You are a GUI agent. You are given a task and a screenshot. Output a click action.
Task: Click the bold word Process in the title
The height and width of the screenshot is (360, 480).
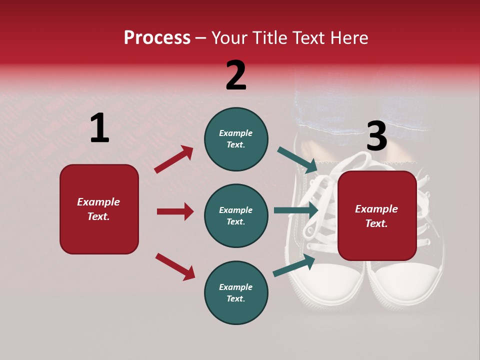(157, 38)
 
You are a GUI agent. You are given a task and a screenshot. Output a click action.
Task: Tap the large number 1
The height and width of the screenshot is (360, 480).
(99, 128)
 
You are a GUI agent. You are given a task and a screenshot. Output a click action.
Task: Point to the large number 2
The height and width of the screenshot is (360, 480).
(236, 75)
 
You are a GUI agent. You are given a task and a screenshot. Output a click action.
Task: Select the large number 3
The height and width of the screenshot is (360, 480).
(376, 136)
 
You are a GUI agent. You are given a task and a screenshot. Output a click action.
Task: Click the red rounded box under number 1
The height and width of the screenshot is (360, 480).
(99, 209)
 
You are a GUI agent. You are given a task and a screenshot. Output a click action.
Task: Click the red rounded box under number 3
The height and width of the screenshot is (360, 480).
(377, 215)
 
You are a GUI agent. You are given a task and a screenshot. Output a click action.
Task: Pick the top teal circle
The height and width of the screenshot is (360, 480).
(236, 139)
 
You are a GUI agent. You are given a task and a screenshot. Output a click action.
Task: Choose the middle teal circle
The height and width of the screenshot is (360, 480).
(236, 215)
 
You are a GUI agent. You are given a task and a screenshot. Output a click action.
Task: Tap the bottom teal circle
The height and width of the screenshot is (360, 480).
(236, 292)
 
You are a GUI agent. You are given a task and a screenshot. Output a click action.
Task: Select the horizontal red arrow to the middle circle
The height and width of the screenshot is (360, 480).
(175, 211)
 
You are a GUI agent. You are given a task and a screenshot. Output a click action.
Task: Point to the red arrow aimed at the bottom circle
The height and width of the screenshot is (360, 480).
(175, 266)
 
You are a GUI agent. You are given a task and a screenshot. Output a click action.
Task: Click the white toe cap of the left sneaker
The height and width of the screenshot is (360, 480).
(330, 282)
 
